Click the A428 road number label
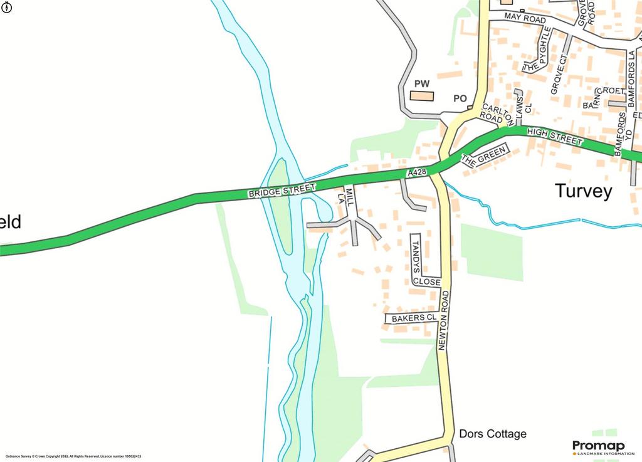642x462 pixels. click(x=417, y=172)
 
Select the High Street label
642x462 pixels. click(x=555, y=136)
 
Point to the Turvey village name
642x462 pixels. click(x=583, y=191)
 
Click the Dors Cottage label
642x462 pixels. click(x=493, y=434)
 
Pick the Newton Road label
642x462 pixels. click(x=443, y=320)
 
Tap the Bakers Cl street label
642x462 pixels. click(x=413, y=318)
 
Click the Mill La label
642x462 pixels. click(x=346, y=196)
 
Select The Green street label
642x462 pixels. click(x=483, y=156)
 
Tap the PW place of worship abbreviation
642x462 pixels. click(x=421, y=84)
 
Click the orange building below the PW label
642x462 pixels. click(x=422, y=96)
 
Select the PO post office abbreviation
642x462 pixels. click(x=460, y=98)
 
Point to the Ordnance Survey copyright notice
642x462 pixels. click(x=73, y=456)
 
